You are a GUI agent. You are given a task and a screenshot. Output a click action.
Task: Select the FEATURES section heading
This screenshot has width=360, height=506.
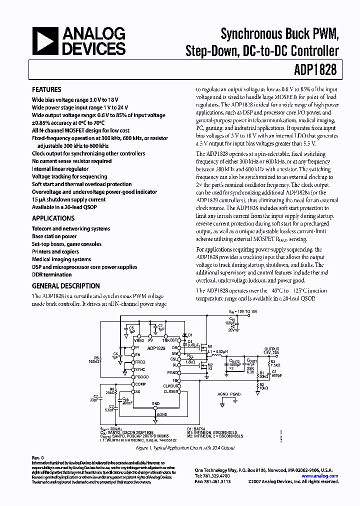pos(46,90)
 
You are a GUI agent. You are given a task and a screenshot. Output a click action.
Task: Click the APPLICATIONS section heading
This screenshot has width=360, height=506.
pos(53,218)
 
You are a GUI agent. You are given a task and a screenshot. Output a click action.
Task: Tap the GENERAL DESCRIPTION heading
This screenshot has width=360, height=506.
pos(65,286)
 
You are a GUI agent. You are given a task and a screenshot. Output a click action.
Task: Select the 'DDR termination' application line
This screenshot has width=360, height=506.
pos(51,274)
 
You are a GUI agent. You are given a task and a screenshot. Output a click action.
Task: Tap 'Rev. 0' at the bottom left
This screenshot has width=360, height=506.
pos(38,457)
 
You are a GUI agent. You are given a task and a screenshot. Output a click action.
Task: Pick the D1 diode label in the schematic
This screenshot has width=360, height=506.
pos(189,335)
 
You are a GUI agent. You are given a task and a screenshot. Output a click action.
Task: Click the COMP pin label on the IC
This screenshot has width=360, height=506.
pos(141,384)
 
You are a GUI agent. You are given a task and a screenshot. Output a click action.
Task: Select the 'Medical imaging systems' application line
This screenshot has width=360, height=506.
pos(61,259)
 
